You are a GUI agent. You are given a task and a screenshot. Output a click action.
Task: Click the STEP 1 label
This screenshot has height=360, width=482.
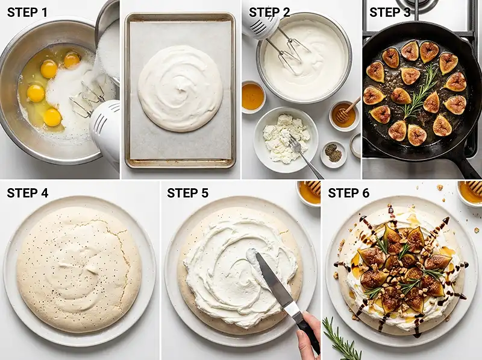(x=27, y=13)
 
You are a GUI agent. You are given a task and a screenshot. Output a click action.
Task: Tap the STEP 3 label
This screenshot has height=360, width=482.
(x=390, y=13)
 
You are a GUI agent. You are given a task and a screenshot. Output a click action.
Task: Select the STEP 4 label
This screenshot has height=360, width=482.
(x=28, y=193)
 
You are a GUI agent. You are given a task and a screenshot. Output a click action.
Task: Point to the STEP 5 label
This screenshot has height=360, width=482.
(x=187, y=193)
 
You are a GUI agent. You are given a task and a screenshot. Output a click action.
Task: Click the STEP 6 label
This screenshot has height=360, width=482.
(x=349, y=193)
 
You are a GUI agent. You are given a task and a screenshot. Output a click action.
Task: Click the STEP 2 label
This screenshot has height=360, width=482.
(x=269, y=13)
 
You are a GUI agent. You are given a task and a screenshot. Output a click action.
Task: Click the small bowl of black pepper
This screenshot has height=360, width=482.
(x=334, y=154)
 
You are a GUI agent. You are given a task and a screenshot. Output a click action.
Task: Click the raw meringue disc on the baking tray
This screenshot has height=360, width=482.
(x=181, y=88)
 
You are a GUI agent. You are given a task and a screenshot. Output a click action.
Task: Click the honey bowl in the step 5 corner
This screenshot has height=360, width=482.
(x=308, y=192)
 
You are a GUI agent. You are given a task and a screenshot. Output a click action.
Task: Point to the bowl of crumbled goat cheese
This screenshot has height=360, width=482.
(x=286, y=139)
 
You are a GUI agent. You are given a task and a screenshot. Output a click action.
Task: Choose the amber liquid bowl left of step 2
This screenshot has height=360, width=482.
(x=254, y=96)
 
